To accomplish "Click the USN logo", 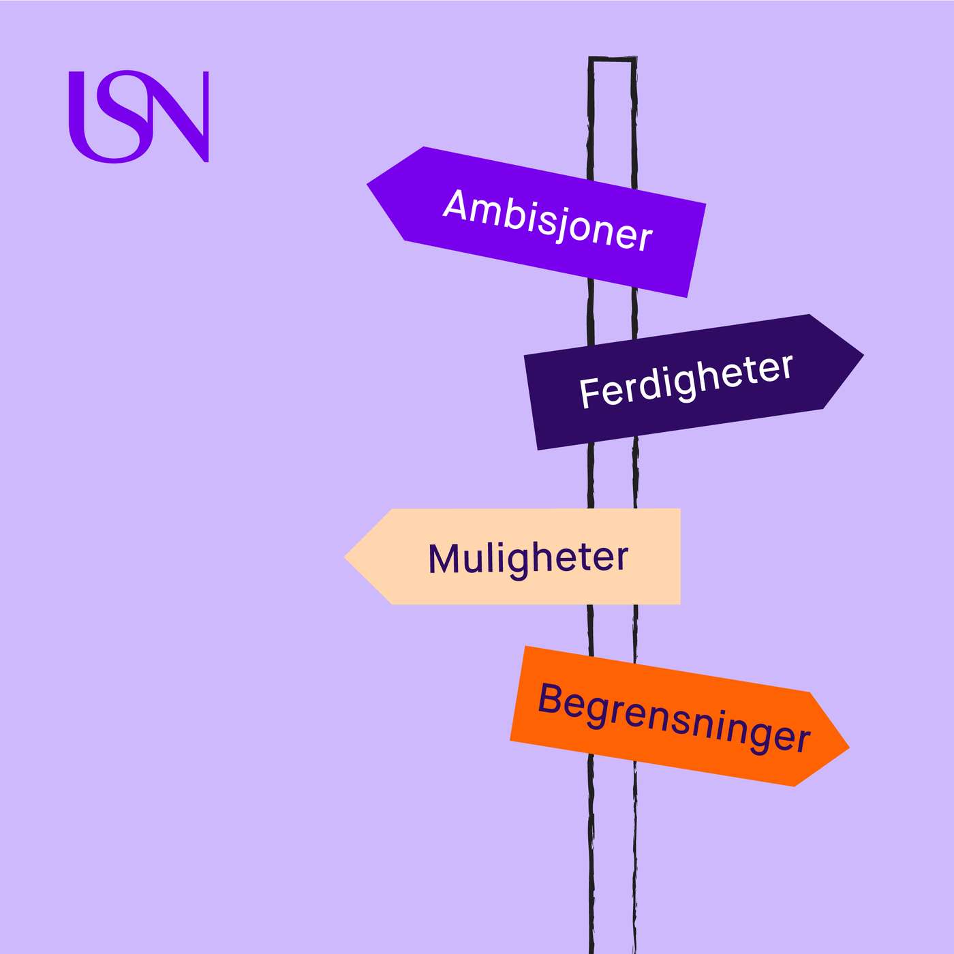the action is click(138, 117).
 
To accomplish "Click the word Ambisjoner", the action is click(548, 220).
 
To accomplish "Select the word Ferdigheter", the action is click(686, 381).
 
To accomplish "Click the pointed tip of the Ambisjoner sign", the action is click(367, 185).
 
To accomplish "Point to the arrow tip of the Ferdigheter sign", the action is click(863, 354).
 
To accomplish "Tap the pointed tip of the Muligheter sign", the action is click(345, 557).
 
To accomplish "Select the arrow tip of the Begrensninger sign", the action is click(849, 747).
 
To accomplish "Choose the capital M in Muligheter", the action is click(443, 559).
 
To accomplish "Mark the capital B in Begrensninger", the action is click(550, 698).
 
